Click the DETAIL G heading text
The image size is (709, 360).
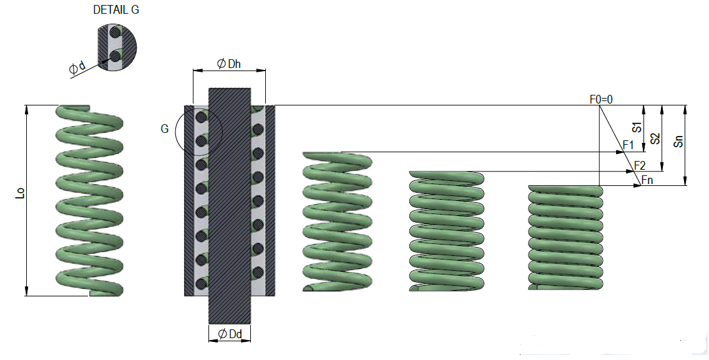pos(115,10)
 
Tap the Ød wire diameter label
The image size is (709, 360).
pos(77,67)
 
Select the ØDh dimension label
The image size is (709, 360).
pos(229,64)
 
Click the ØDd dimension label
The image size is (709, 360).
pos(230,334)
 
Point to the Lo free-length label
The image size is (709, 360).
pos(20,193)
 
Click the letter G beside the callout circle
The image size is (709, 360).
pos(165,129)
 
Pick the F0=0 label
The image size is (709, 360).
pos(601,99)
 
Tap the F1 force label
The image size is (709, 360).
pos(628,145)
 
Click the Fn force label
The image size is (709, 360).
pos(647,180)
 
